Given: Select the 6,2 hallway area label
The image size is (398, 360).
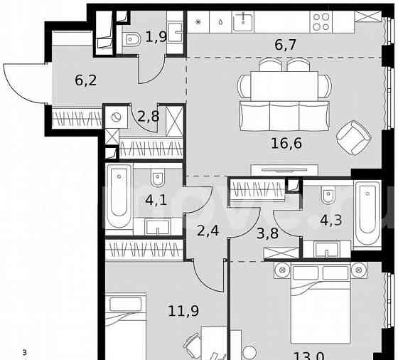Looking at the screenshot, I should tap(86, 80).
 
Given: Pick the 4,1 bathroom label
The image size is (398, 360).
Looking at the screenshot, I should tap(155, 201).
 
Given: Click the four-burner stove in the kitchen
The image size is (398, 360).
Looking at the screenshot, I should tap(321, 21).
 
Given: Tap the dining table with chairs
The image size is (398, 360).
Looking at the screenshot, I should tap(284, 85).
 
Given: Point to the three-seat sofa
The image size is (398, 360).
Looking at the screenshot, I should tap(284, 116).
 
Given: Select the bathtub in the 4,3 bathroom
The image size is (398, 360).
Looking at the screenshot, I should tap(367, 214).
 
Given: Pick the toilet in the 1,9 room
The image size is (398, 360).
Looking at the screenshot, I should tap(131, 42).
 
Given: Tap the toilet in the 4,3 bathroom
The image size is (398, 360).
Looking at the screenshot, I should tap(328, 192).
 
